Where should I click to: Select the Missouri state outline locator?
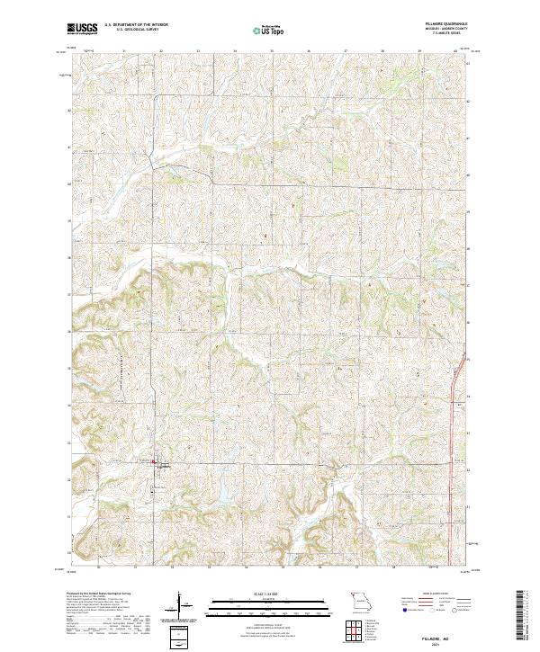click(360, 598)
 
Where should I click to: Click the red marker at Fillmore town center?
click(154, 464)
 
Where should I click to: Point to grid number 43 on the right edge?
click(468, 63)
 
